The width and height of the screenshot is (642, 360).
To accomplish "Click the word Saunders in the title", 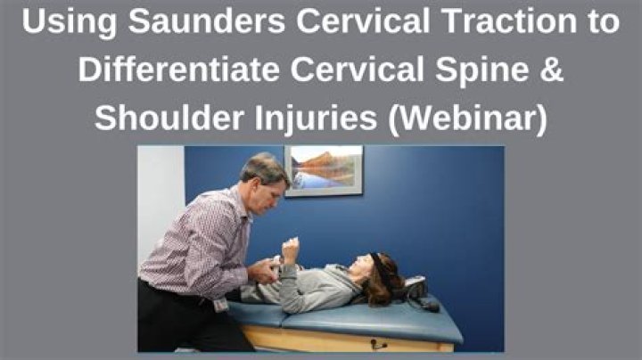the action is (x=206, y=20).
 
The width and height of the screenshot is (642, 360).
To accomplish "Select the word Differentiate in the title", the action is (x=178, y=70).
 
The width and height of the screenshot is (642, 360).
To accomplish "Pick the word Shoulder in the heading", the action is (x=169, y=119).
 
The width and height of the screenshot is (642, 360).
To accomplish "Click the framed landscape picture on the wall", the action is (x=324, y=170).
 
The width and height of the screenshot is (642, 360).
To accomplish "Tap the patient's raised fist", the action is (x=290, y=250).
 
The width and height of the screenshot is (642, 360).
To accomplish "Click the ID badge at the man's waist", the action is (x=221, y=305).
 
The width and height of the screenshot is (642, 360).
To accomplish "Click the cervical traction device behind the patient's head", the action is (x=417, y=292).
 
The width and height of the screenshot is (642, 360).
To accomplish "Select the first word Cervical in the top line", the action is (x=363, y=20).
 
